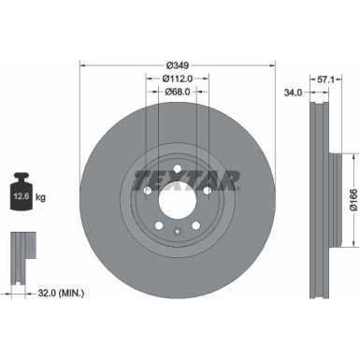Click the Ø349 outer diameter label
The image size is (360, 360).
tap(179, 64)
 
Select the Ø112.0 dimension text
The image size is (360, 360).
tap(179, 78)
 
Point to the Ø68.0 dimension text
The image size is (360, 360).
tap(179, 92)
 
